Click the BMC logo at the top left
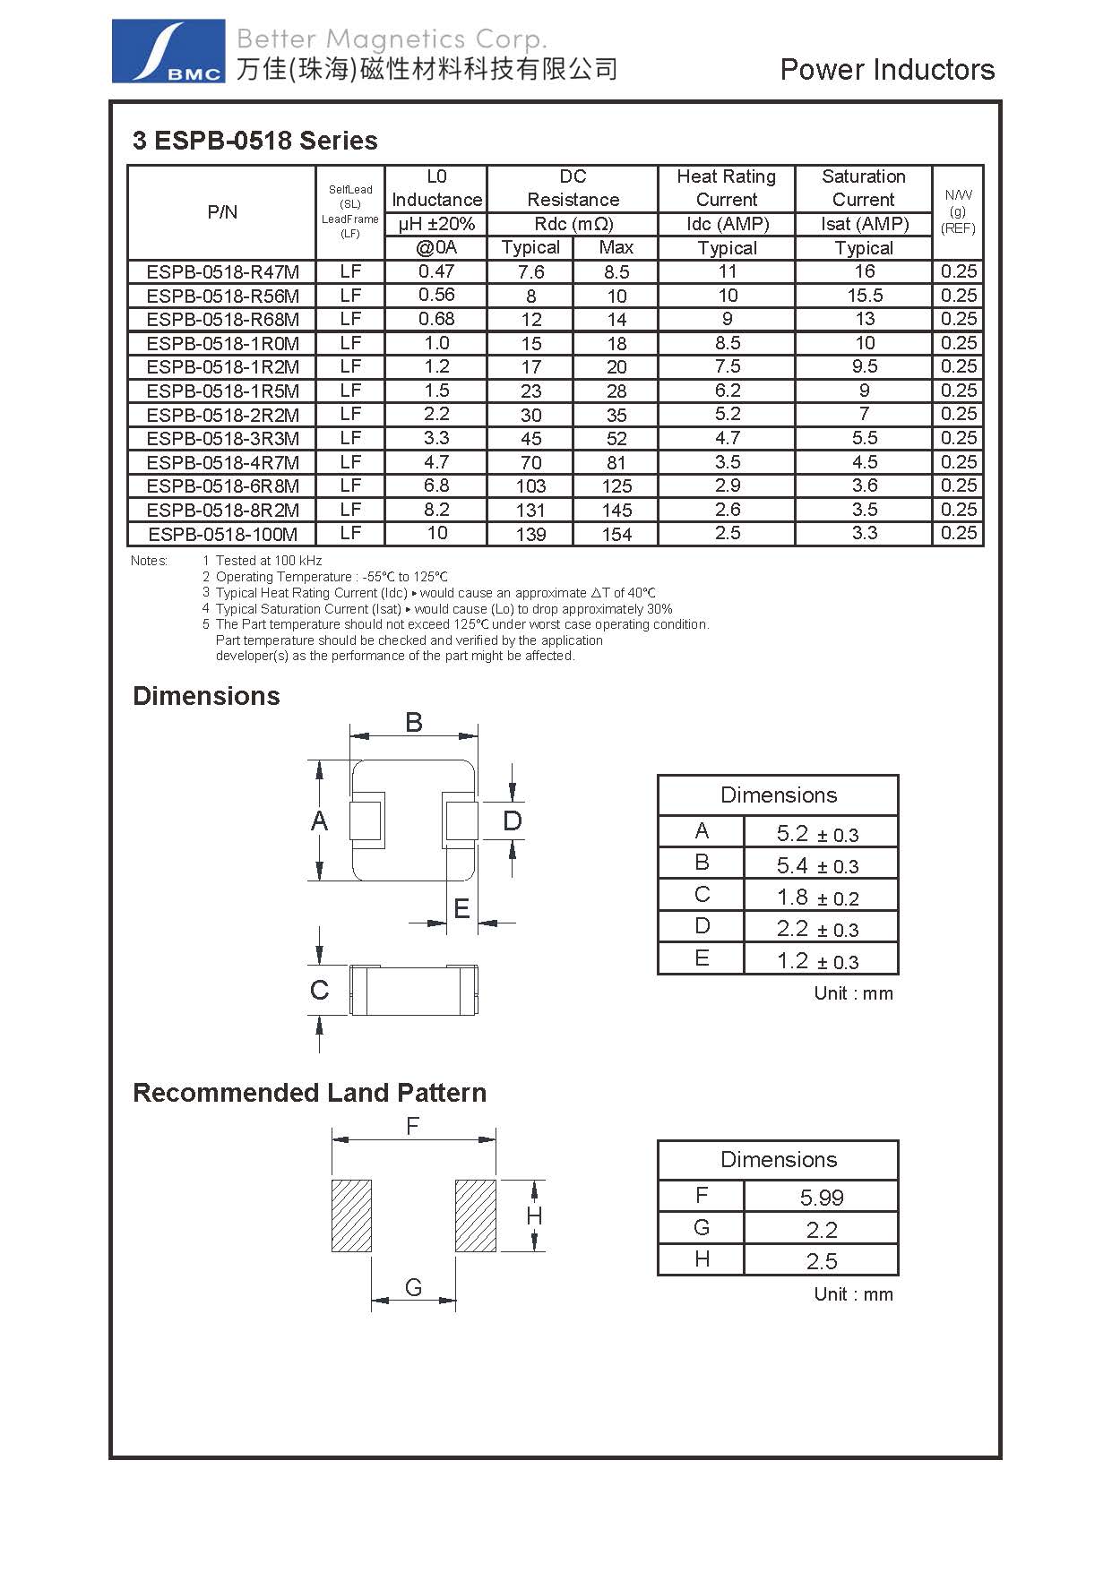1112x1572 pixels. [168, 52]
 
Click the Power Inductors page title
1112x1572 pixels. [887, 70]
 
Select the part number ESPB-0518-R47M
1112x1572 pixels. [222, 272]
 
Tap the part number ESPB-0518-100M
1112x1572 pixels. [222, 535]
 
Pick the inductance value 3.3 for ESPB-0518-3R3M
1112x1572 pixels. [436, 438]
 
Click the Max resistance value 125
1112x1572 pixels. [616, 486]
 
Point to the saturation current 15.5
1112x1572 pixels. [864, 296]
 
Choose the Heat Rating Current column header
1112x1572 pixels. [727, 188]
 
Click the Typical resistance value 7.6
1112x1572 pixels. [530, 272]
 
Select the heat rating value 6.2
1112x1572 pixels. [727, 391]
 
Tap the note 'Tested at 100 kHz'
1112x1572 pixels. [268, 561]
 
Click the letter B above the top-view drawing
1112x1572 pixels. [413, 722]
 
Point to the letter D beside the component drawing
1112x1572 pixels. [513, 820]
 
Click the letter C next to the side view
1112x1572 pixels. [319, 990]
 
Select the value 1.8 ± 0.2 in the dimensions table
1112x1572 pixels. [818, 898]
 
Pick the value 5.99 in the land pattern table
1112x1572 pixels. [822, 1198]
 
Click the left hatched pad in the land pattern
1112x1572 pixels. [351, 1216]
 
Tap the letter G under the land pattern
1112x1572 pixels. [413, 1287]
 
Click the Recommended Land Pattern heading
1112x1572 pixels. [309, 1093]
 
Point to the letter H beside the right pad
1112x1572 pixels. [535, 1216]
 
